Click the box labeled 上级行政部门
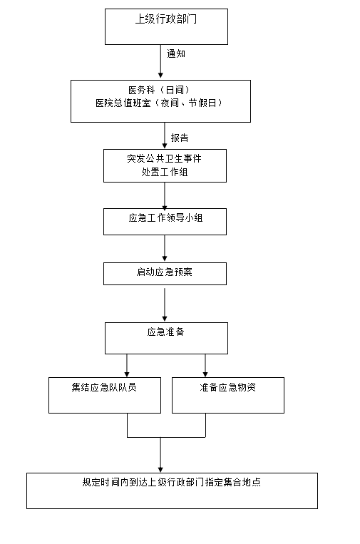point(167,26)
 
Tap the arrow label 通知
point(176,53)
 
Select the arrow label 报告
point(180,138)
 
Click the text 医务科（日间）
point(159,91)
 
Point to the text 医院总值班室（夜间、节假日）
point(159,103)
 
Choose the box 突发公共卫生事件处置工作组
point(165,166)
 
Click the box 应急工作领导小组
point(165,222)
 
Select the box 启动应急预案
point(165,274)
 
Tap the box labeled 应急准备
point(167,338)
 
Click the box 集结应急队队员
point(105,395)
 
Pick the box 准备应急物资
point(228,395)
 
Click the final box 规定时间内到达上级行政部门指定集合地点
point(172,491)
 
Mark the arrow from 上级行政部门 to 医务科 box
point(160,61)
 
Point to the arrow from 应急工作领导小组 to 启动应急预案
point(165,248)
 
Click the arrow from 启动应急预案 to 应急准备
point(165,304)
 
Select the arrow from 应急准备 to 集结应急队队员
point(127,366)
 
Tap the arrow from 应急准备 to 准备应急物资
point(205,366)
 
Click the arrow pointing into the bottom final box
point(160,455)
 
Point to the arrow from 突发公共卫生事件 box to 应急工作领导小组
point(165,196)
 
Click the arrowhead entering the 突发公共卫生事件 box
point(165,145)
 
